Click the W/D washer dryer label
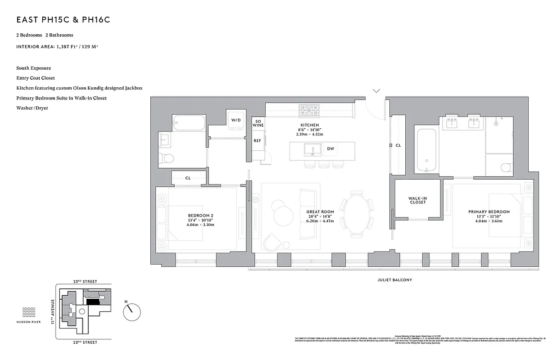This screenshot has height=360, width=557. (236, 121)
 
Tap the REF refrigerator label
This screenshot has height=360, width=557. (258, 141)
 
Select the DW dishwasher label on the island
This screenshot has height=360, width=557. (331, 149)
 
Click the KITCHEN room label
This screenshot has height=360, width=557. (310, 125)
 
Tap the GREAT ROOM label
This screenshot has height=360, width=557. (320, 212)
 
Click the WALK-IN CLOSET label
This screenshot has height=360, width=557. (417, 200)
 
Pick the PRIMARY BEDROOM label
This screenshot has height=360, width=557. (489, 212)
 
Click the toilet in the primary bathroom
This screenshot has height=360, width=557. (506, 168)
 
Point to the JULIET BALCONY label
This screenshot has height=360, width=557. (394, 280)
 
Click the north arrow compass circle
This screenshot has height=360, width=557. (131, 311)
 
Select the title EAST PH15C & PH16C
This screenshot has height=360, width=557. (63, 20)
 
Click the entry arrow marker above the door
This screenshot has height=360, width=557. (376, 91)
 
